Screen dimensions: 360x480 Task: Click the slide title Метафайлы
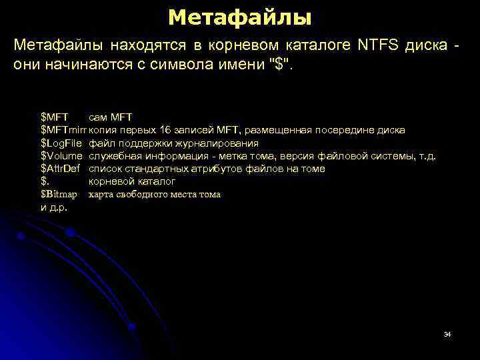point(239,17)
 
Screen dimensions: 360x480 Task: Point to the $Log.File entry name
point(61,143)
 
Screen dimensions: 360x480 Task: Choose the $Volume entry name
point(61,156)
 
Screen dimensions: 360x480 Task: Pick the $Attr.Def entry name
point(61,169)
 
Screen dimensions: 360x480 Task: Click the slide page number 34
point(447,333)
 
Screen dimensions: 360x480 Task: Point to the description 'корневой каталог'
point(132,181)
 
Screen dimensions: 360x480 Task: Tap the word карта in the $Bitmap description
point(101,195)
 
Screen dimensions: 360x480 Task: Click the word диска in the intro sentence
point(426,45)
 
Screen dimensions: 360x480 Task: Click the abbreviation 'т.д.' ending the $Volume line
point(427,156)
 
